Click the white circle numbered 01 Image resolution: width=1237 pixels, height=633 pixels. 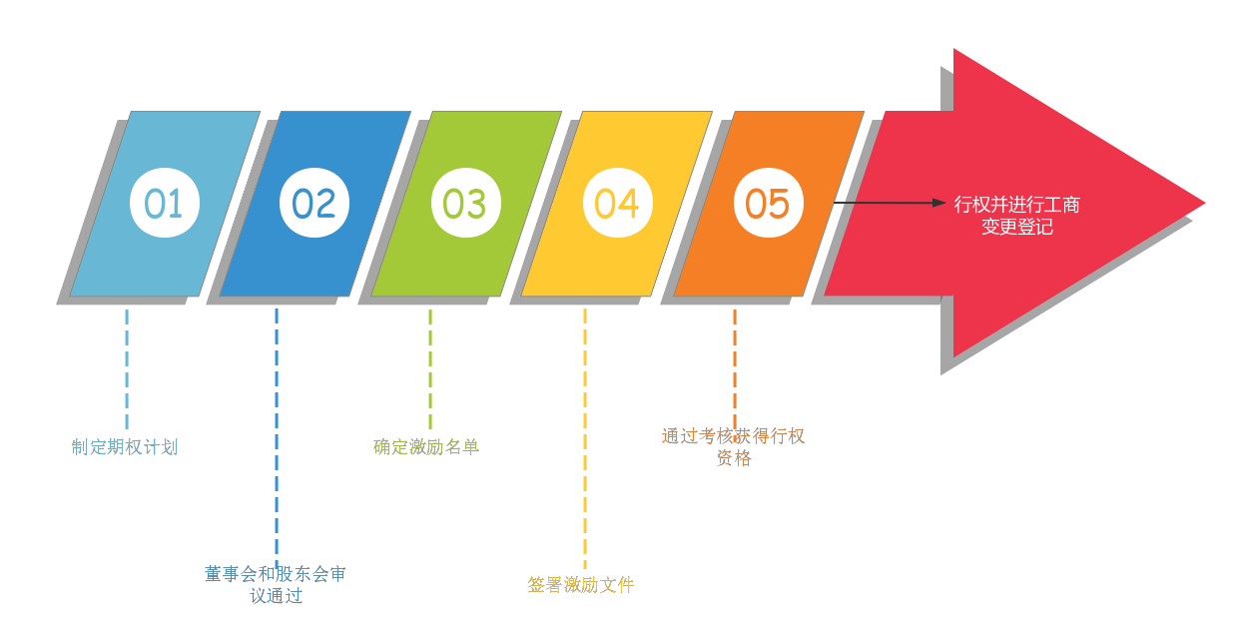click(x=165, y=203)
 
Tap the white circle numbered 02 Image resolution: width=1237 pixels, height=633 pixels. click(x=314, y=203)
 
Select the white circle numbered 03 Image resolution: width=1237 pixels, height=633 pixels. click(x=465, y=203)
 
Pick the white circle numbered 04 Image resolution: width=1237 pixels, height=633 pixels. click(x=617, y=203)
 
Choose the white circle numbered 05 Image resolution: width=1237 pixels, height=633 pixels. click(x=768, y=203)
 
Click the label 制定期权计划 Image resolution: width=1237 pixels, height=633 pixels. click(x=125, y=447)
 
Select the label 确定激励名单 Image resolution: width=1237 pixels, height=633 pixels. click(x=426, y=447)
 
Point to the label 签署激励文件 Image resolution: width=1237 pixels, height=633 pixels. click(x=581, y=585)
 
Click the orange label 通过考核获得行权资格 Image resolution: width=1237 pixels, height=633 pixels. click(x=733, y=447)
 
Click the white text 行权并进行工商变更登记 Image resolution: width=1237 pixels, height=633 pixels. click(x=1016, y=216)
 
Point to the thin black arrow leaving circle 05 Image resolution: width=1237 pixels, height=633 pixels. click(x=889, y=203)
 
